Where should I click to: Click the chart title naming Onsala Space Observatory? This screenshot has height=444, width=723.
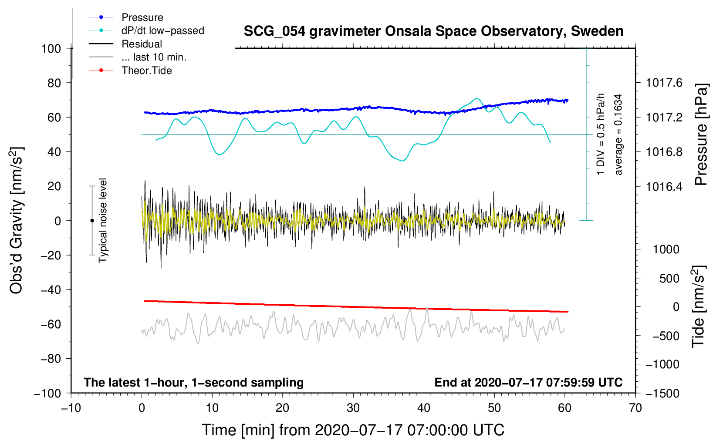point(433,31)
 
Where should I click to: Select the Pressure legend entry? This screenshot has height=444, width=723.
point(142,17)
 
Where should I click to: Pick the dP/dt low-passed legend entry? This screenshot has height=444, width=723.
point(162,31)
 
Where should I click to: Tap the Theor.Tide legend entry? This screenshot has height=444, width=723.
point(146,71)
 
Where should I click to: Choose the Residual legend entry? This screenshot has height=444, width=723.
point(142,44)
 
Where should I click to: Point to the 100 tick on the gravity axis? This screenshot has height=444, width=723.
point(51,48)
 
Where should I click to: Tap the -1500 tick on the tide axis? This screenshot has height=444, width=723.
point(662,393)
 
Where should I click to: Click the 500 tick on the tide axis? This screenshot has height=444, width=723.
point(669,279)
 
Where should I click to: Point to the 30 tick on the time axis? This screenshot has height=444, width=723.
point(353,408)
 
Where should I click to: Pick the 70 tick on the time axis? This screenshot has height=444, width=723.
point(635,408)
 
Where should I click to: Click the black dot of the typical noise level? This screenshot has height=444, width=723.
point(92,221)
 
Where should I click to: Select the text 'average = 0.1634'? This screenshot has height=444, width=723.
point(618,135)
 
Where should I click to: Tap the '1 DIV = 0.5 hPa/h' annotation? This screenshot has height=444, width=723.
point(601,135)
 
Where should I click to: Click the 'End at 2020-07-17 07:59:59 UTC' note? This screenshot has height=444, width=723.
point(528,383)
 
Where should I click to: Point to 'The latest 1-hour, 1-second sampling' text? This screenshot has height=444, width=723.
point(193,383)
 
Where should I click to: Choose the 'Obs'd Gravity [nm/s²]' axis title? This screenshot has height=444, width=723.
point(17,221)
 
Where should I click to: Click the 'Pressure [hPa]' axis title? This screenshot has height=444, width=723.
point(701,135)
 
